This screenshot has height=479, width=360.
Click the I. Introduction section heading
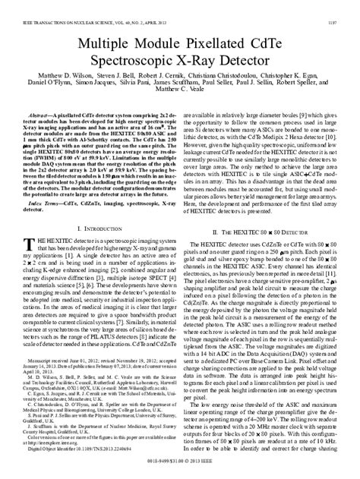tap(96, 250)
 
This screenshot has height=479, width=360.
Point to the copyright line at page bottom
tap(180, 471)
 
